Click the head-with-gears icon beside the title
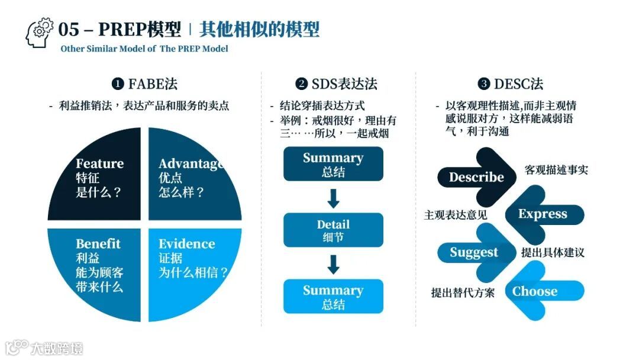pos(40,34)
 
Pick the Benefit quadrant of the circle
pos(98,266)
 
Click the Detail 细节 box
pos(333,230)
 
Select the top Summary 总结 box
pos(333,164)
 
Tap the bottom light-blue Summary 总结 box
pos(333,297)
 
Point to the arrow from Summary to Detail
pos(333,198)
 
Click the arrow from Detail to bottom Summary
pos(333,264)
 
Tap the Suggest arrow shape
pos(474,252)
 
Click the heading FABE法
pos(145,84)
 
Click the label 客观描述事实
pos(556,171)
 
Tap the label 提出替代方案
pos(463,292)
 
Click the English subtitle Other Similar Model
pos(144,49)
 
